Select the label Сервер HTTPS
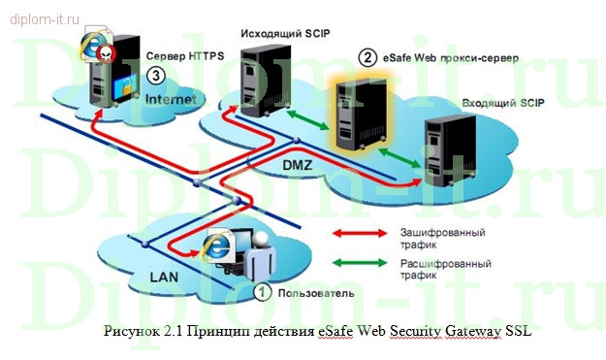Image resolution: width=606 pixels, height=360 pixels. coord(185,56)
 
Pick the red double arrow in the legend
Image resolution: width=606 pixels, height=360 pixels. coord(362,233)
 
